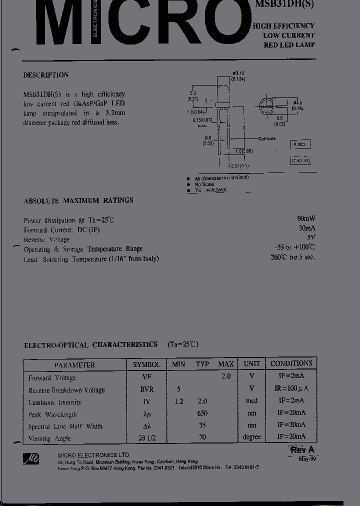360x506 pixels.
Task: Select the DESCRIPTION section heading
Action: click(46, 75)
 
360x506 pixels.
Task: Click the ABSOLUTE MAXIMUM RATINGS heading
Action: click(78, 200)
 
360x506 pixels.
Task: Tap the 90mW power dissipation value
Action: click(306, 218)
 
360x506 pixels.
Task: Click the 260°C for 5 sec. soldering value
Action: click(293, 257)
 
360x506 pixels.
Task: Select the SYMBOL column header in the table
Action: click(146, 364)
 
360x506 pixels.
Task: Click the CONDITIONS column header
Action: click(291, 363)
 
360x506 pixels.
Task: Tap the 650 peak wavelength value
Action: click(202, 413)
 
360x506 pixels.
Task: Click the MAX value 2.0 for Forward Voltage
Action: click(226, 376)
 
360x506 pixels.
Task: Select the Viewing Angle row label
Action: click(49, 438)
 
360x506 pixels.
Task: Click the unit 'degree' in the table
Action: click(251, 437)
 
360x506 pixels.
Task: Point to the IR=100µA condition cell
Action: click(291, 388)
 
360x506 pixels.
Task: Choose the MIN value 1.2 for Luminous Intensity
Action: click(178, 401)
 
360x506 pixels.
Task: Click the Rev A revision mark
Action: click(302, 450)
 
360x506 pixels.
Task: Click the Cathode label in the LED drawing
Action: click(267, 138)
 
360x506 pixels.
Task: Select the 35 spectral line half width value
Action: click(202, 425)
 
